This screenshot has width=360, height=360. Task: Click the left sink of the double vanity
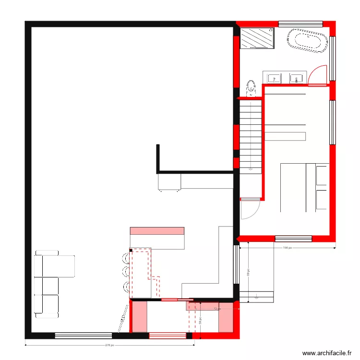click(274, 77)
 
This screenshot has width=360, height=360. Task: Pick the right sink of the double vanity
click(297, 77)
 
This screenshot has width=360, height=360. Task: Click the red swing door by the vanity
click(318, 77)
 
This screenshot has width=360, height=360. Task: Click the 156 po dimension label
click(287, 248)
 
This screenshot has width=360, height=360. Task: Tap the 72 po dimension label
click(216, 309)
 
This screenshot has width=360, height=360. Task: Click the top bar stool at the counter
click(125, 258)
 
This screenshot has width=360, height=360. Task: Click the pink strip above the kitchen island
click(157, 231)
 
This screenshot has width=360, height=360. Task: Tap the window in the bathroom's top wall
click(300, 24)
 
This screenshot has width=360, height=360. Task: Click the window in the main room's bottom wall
click(84, 336)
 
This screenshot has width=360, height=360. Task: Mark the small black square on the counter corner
click(131, 250)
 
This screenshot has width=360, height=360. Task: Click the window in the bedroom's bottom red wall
click(293, 238)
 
